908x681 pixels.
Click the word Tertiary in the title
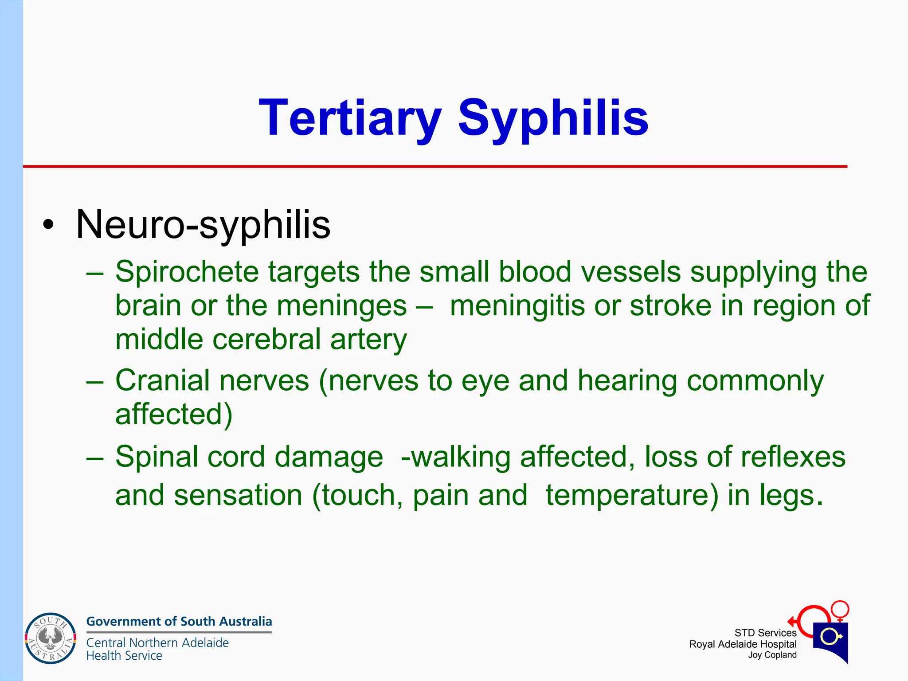point(350,118)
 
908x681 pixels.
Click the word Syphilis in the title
point(553,118)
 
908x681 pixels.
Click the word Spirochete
point(187,272)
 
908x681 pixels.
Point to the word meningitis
point(517,306)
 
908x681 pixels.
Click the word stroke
point(670,306)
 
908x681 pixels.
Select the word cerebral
point(266,340)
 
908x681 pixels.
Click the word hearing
point(627,380)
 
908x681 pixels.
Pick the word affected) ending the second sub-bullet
point(174,415)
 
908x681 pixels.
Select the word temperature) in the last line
point(632,495)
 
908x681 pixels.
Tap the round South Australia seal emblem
point(50,638)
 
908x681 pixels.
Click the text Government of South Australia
point(179,622)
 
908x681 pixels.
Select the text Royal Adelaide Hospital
point(743,644)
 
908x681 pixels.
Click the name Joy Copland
point(772,655)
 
